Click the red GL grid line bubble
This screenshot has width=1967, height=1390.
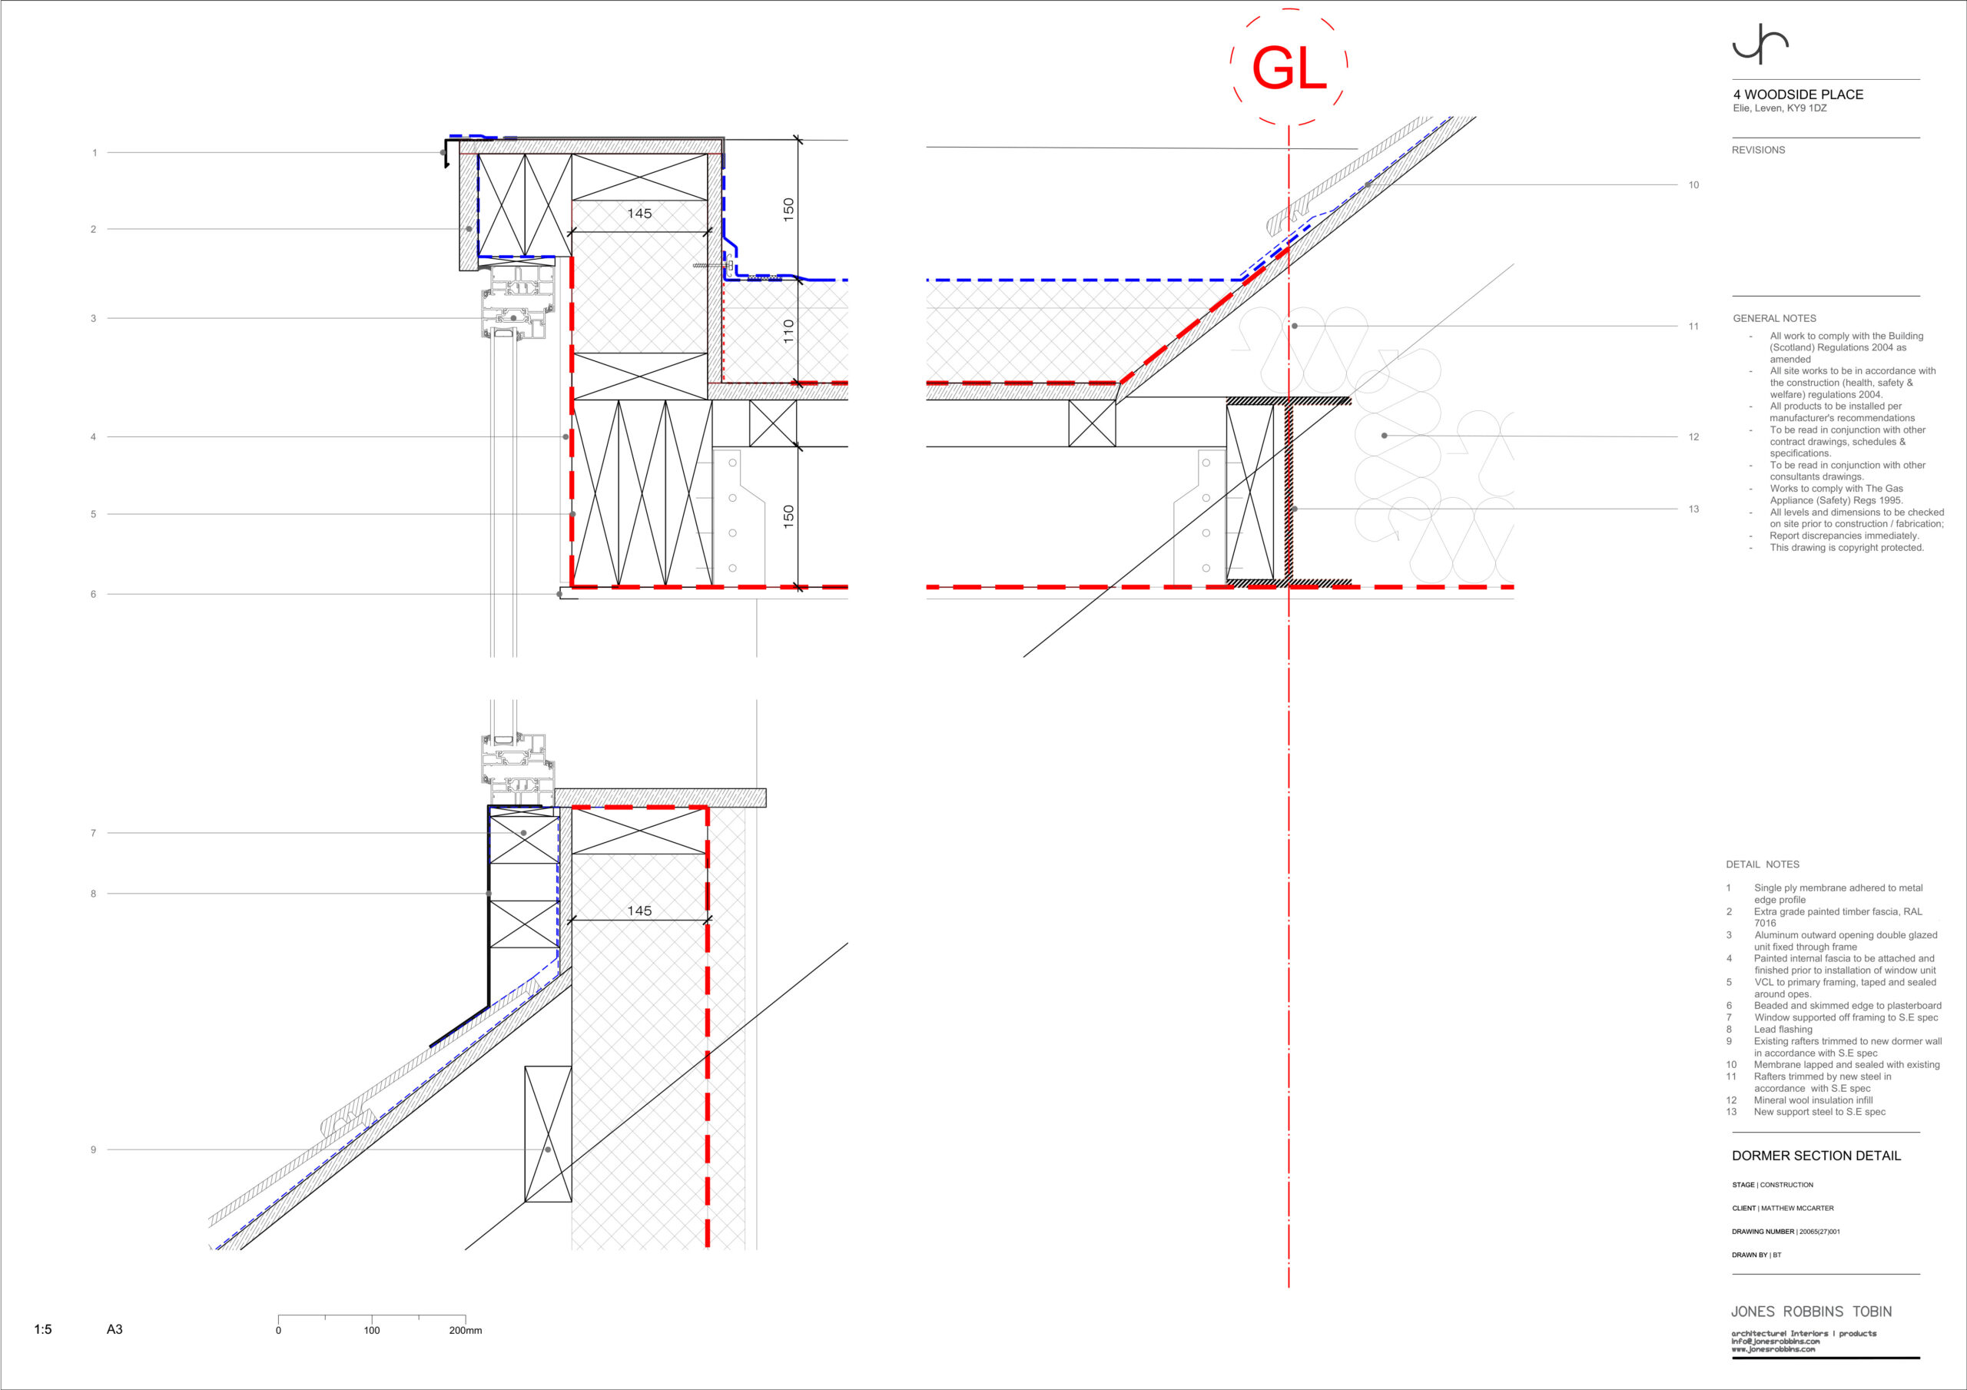coord(1289,67)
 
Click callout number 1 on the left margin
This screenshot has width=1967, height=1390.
coord(95,153)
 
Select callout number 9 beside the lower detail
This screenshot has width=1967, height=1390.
coord(94,1149)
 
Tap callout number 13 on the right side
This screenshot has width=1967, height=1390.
coord(1693,509)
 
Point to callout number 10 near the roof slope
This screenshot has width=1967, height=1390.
coord(1693,185)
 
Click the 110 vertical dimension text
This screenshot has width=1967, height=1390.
coord(788,331)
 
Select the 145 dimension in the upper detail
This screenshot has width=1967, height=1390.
coord(639,214)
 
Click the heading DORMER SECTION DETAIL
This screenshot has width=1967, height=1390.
coord(1816,1155)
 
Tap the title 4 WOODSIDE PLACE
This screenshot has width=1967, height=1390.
coord(1798,95)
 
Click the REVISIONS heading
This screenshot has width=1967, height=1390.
coord(1758,150)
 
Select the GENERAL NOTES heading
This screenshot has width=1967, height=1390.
coord(1774,318)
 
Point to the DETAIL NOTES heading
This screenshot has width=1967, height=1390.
coord(1763,864)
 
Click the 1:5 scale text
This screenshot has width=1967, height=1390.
coord(43,1329)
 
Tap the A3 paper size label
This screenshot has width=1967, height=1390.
coord(114,1329)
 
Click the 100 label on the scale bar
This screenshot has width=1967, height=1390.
coord(372,1330)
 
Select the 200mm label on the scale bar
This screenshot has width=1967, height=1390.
coord(465,1330)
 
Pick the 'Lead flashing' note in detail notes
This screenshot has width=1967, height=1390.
coord(1783,1029)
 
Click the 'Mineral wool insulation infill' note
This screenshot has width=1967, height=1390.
coord(1813,1100)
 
